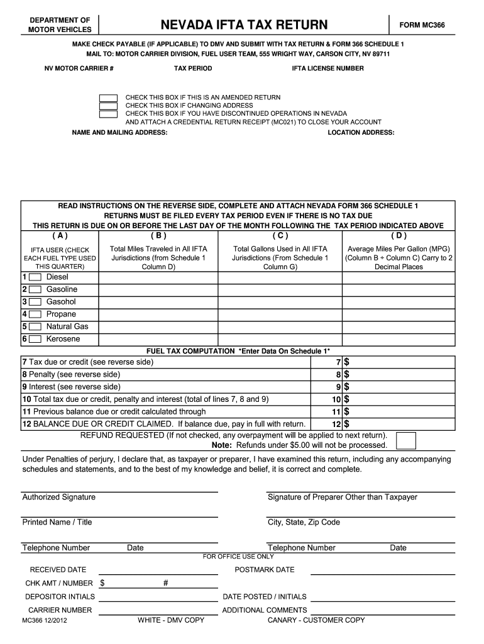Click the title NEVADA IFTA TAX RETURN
tap(244, 25)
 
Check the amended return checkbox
tap(108, 98)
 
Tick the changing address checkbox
tap(108, 106)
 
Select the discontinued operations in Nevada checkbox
tap(108, 114)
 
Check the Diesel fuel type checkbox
tap(35, 277)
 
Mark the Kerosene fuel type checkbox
tap(35, 340)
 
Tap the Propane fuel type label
tap(61, 314)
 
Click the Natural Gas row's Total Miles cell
tap(158, 327)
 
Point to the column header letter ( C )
tap(280, 236)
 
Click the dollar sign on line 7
tap(346, 362)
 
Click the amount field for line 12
tap(402, 425)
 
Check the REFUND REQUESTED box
tap(406, 441)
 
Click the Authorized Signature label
tap(59, 497)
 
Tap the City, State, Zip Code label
tap(304, 523)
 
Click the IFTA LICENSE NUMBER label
tap(327, 69)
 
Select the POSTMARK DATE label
tap(264, 570)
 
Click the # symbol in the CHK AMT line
tap(165, 584)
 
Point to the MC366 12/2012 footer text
tap(45, 621)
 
